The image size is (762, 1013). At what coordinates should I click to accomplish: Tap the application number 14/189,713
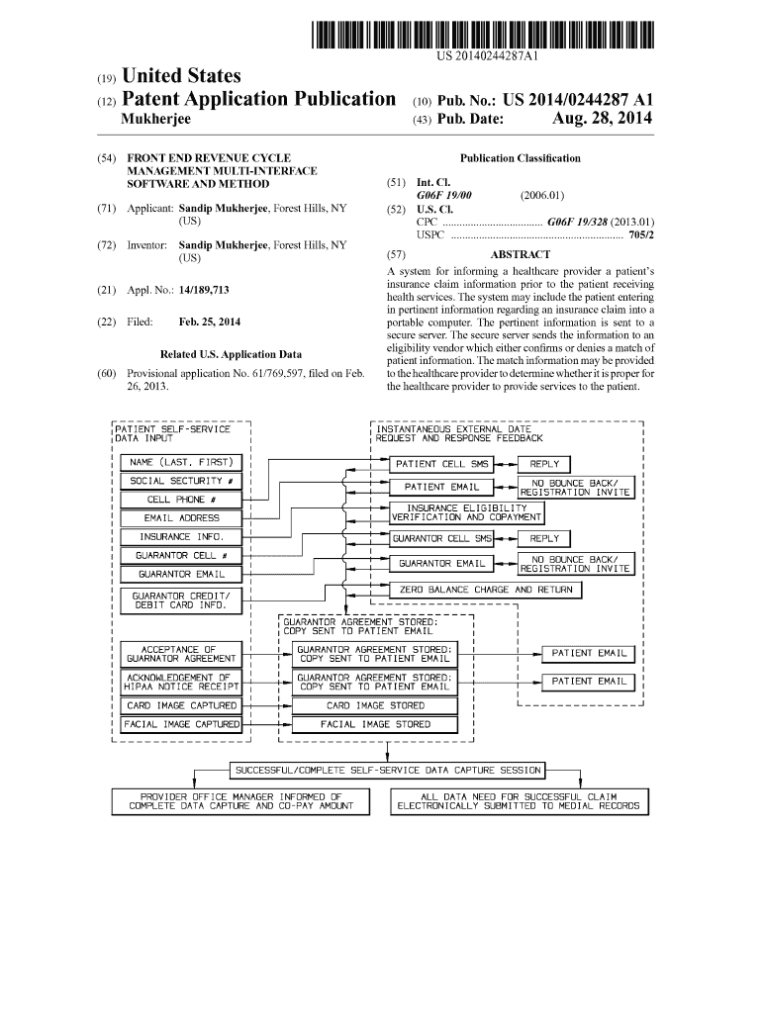click(192, 291)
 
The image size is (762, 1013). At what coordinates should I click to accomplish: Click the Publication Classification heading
click(520, 158)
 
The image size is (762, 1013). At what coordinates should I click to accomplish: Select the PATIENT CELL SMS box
click(440, 464)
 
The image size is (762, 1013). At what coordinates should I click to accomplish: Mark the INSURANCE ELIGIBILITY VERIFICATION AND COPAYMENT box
click(466, 512)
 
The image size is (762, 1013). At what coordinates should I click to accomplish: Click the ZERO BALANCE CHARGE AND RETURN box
click(485, 590)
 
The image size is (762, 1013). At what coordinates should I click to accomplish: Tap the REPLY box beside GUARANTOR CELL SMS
click(544, 539)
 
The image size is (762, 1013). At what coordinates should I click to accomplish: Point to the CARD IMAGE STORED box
click(375, 706)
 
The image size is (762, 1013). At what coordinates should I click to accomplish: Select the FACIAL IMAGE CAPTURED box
click(180, 725)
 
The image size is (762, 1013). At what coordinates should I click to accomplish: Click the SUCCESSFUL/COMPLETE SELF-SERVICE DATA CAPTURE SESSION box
click(387, 770)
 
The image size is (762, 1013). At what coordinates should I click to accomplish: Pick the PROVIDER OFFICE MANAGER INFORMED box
click(240, 801)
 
